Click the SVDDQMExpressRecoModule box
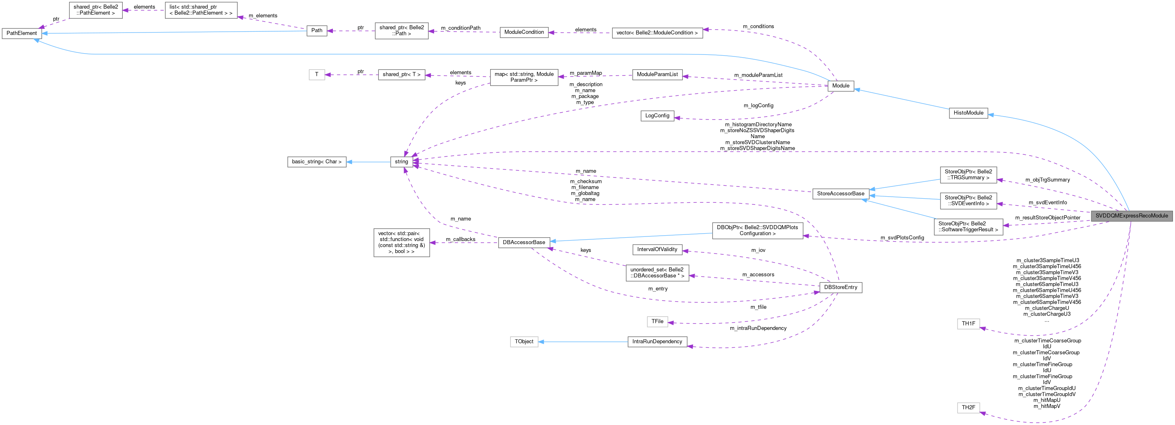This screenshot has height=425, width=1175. (x=1131, y=216)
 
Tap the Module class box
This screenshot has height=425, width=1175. (x=840, y=86)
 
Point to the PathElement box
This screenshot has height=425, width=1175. (x=22, y=33)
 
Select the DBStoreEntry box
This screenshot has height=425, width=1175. (x=840, y=287)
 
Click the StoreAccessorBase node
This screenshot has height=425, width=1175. (x=840, y=194)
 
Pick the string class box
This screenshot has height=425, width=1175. (x=402, y=161)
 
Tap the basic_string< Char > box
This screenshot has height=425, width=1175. (x=317, y=162)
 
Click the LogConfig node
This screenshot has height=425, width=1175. (x=657, y=116)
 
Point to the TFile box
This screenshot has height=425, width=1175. (x=657, y=321)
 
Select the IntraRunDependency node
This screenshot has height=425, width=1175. (x=657, y=342)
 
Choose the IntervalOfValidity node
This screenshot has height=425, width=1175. (x=657, y=249)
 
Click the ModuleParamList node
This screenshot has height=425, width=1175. (x=657, y=74)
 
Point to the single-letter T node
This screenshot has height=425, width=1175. (x=317, y=74)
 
